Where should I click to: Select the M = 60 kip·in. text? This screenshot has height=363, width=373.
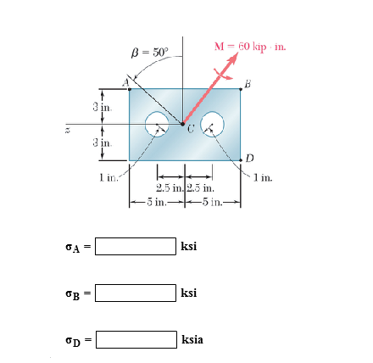(x=250, y=45)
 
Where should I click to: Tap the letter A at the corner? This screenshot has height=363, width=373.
(x=124, y=82)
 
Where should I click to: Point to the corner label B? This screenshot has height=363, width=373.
(x=248, y=82)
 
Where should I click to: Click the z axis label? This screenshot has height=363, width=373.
(x=55, y=129)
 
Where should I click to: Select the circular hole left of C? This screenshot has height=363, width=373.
(x=159, y=125)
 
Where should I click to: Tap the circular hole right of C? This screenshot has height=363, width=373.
(x=212, y=125)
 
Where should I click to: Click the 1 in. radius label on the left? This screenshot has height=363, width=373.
(x=107, y=176)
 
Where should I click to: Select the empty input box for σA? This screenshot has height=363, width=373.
(x=135, y=247)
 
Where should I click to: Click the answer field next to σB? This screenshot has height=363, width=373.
(x=135, y=293)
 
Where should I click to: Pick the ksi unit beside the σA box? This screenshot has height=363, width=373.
(x=188, y=247)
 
